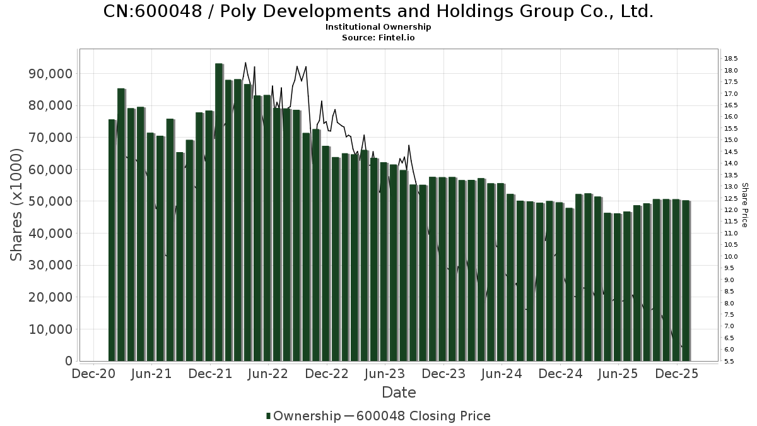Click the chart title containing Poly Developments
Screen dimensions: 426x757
[x=378, y=11]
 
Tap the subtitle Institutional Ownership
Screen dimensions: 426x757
[x=378, y=27]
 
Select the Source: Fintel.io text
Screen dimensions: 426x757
[x=378, y=37]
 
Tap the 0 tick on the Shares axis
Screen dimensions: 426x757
[x=67, y=361]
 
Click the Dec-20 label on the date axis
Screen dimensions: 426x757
[x=93, y=374]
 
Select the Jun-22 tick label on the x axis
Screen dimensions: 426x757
[x=269, y=374]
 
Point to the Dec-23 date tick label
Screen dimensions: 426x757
[x=443, y=374]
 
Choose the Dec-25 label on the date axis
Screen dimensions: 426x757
[x=677, y=374]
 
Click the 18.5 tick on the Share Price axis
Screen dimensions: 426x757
[x=731, y=59]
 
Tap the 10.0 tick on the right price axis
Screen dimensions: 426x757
[x=731, y=257]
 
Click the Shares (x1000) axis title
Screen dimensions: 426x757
[x=17, y=205]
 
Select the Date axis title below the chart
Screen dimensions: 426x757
[x=399, y=393]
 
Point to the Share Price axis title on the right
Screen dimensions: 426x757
[x=744, y=205]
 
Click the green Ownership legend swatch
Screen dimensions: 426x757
[x=269, y=416]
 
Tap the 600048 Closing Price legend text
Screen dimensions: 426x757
[x=422, y=416]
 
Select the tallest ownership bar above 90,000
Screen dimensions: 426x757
[x=218, y=212]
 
